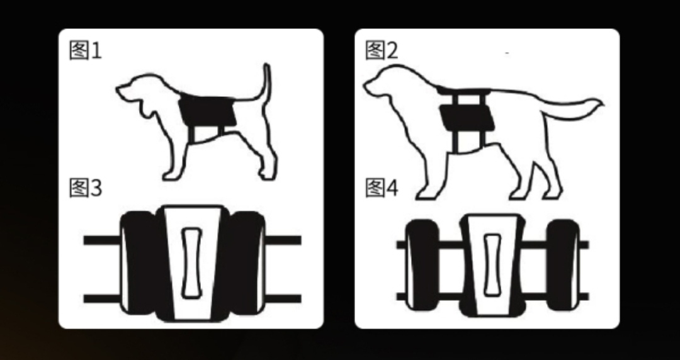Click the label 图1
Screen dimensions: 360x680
[x=85, y=50]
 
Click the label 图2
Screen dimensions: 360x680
[x=382, y=50]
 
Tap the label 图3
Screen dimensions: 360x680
[x=85, y=188]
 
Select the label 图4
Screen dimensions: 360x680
[x=382, y=188]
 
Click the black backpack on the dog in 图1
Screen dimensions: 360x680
[x=207, y=110]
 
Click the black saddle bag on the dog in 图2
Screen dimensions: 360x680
[x=465, y=118]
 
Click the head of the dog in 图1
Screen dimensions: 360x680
[x=139, y=91]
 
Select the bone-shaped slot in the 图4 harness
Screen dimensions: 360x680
[x=491, y=264]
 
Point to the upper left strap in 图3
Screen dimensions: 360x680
[x=101, y=240]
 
